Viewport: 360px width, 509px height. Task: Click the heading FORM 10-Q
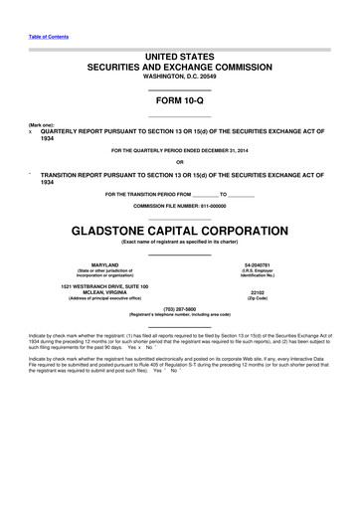(179, 101)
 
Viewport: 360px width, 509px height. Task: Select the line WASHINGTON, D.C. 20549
(179, 77)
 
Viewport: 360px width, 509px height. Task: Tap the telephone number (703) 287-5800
(179, 308)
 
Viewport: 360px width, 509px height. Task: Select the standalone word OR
(179, 163)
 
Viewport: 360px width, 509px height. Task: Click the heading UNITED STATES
(179, 57)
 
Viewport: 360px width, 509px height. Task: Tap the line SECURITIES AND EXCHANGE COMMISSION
(179, 67)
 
